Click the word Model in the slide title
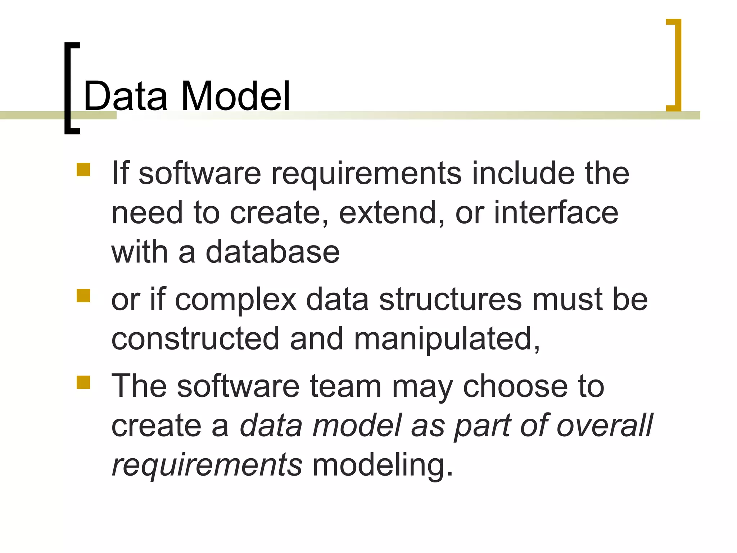point(236,96)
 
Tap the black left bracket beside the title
point(68,88)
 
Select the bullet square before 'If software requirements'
point(83,170)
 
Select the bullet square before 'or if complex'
point(83,296)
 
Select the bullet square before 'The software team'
point(83,382)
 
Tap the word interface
point(556,213)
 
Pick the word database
point(272,252)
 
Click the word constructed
point(195,339)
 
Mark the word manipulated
point(446,339)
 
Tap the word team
point(345,387)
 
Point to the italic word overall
point(605,426)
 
